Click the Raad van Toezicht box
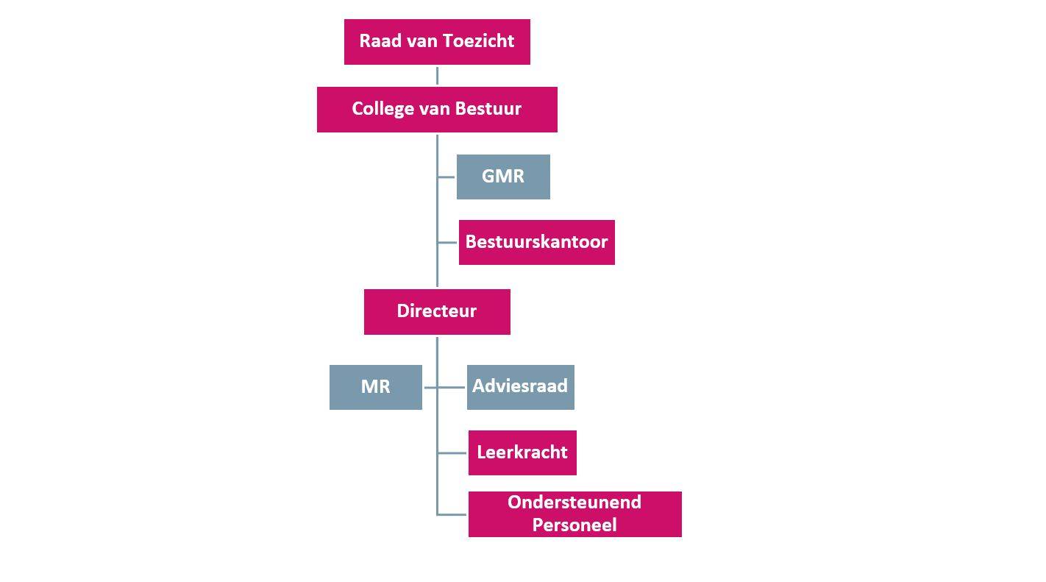(437, 42)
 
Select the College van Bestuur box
(437, 110)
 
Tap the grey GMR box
(503, 177)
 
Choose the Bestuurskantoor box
(536, 242)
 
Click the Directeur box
(437, 311)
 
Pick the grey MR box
(375, 387)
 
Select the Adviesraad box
(520, 387)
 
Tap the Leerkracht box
(522, 453)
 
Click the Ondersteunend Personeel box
(574, 514)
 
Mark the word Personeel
(574, 525)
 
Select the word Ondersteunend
(574, 503)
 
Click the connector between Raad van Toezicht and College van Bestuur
(437, 76)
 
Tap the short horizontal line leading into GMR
(446, 177)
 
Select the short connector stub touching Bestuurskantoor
(447, 242)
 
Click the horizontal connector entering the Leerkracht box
(452, 453)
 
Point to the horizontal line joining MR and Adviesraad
(444, 387)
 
